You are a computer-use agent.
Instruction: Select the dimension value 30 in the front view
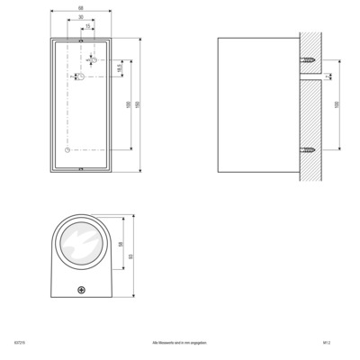[x=81, y=18]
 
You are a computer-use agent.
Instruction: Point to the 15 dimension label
[x=87, y=25]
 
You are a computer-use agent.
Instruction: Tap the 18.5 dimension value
[x=120, y=67]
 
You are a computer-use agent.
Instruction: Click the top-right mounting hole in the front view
[x=94, y=60]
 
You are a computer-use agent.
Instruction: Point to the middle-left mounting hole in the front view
[x=79, y=77]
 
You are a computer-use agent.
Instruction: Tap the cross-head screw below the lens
[x=81, y=291]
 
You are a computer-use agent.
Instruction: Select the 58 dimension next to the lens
[x=121, y=244]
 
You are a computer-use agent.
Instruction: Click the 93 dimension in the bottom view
[x=131, y=257]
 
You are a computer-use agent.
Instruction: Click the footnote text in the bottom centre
[x=180, y=344]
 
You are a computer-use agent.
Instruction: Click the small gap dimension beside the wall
[x=328, y=78]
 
